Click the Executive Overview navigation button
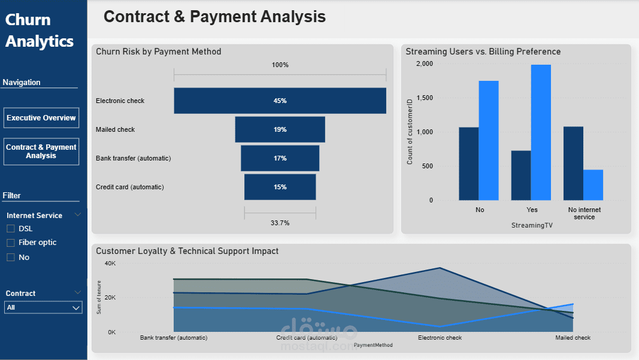(x=41, y=118)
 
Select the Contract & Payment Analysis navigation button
(x=41, y=152)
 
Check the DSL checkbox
(x=11, y=229)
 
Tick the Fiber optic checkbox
(x=11, y=243)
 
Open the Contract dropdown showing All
(x=43, y=307)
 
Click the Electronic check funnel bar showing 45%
(x=280, y=101)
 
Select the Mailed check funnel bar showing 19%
(x=280, y=129)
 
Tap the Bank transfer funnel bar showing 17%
(x=280, y=158)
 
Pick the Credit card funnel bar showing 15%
(x=280, y=187)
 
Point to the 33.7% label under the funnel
(x=280, y=223)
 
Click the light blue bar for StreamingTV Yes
(x=541, y=132)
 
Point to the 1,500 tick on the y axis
(x=424, y=98)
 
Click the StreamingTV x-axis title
(x=532, y=225)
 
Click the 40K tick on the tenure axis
(x=110, y=264)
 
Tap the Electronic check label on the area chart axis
(x=440, y=338)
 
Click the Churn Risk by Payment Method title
(x=159, y=52)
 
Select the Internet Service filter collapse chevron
(x=77, y=215)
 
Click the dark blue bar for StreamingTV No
(x=469, y=164)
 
